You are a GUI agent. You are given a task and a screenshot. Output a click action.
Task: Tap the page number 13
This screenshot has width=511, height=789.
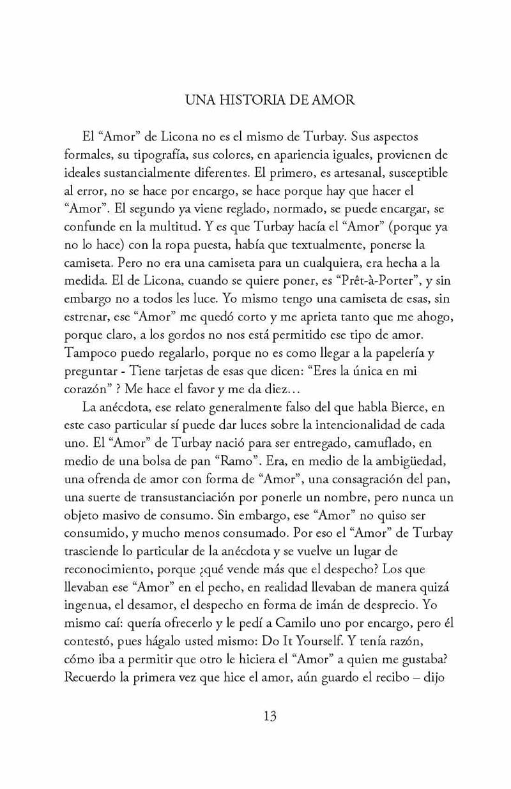click(x=270, y=716)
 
